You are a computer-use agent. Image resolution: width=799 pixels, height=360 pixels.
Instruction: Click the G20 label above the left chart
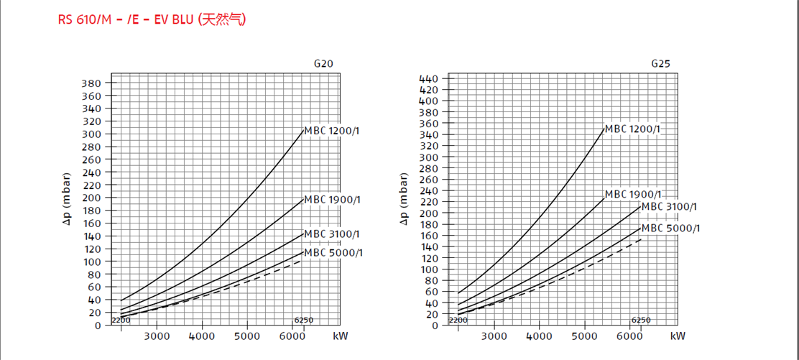click(323, 63)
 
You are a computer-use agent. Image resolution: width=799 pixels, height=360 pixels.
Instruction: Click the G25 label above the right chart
click(661, 63)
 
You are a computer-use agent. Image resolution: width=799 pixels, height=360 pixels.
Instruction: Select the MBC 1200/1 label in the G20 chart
click(331, 131)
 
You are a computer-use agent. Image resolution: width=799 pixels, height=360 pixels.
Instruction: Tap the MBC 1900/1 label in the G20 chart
click(331, 199)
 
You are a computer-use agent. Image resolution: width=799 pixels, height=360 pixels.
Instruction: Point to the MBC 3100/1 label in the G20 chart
click(331, 234)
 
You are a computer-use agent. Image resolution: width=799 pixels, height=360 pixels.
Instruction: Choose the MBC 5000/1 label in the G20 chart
click(333, 252)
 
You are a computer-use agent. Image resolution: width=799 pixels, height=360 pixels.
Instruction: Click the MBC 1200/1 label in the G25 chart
click(632, 129)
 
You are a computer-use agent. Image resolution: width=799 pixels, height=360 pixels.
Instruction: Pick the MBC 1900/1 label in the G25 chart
click(633, 194)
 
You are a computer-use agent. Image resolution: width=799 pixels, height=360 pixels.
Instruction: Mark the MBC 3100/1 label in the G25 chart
click(670, 207)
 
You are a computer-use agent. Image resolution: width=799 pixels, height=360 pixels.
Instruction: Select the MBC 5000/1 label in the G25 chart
click(670, 229)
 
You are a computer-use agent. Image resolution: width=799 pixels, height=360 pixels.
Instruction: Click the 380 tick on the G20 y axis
click(91, 83)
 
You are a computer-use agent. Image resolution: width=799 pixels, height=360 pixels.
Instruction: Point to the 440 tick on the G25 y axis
click(429, 78)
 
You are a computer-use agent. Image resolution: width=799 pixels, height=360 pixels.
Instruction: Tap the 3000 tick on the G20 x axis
click(157, 336)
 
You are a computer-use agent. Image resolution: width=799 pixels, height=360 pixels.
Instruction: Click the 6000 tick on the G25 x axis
click(629, 336)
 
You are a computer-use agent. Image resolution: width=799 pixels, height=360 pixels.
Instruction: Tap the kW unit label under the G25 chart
click(678, 336)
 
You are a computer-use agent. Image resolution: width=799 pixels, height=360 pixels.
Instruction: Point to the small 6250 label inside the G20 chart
click(303, 320)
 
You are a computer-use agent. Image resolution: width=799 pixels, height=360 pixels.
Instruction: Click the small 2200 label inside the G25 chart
click(458, 320)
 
